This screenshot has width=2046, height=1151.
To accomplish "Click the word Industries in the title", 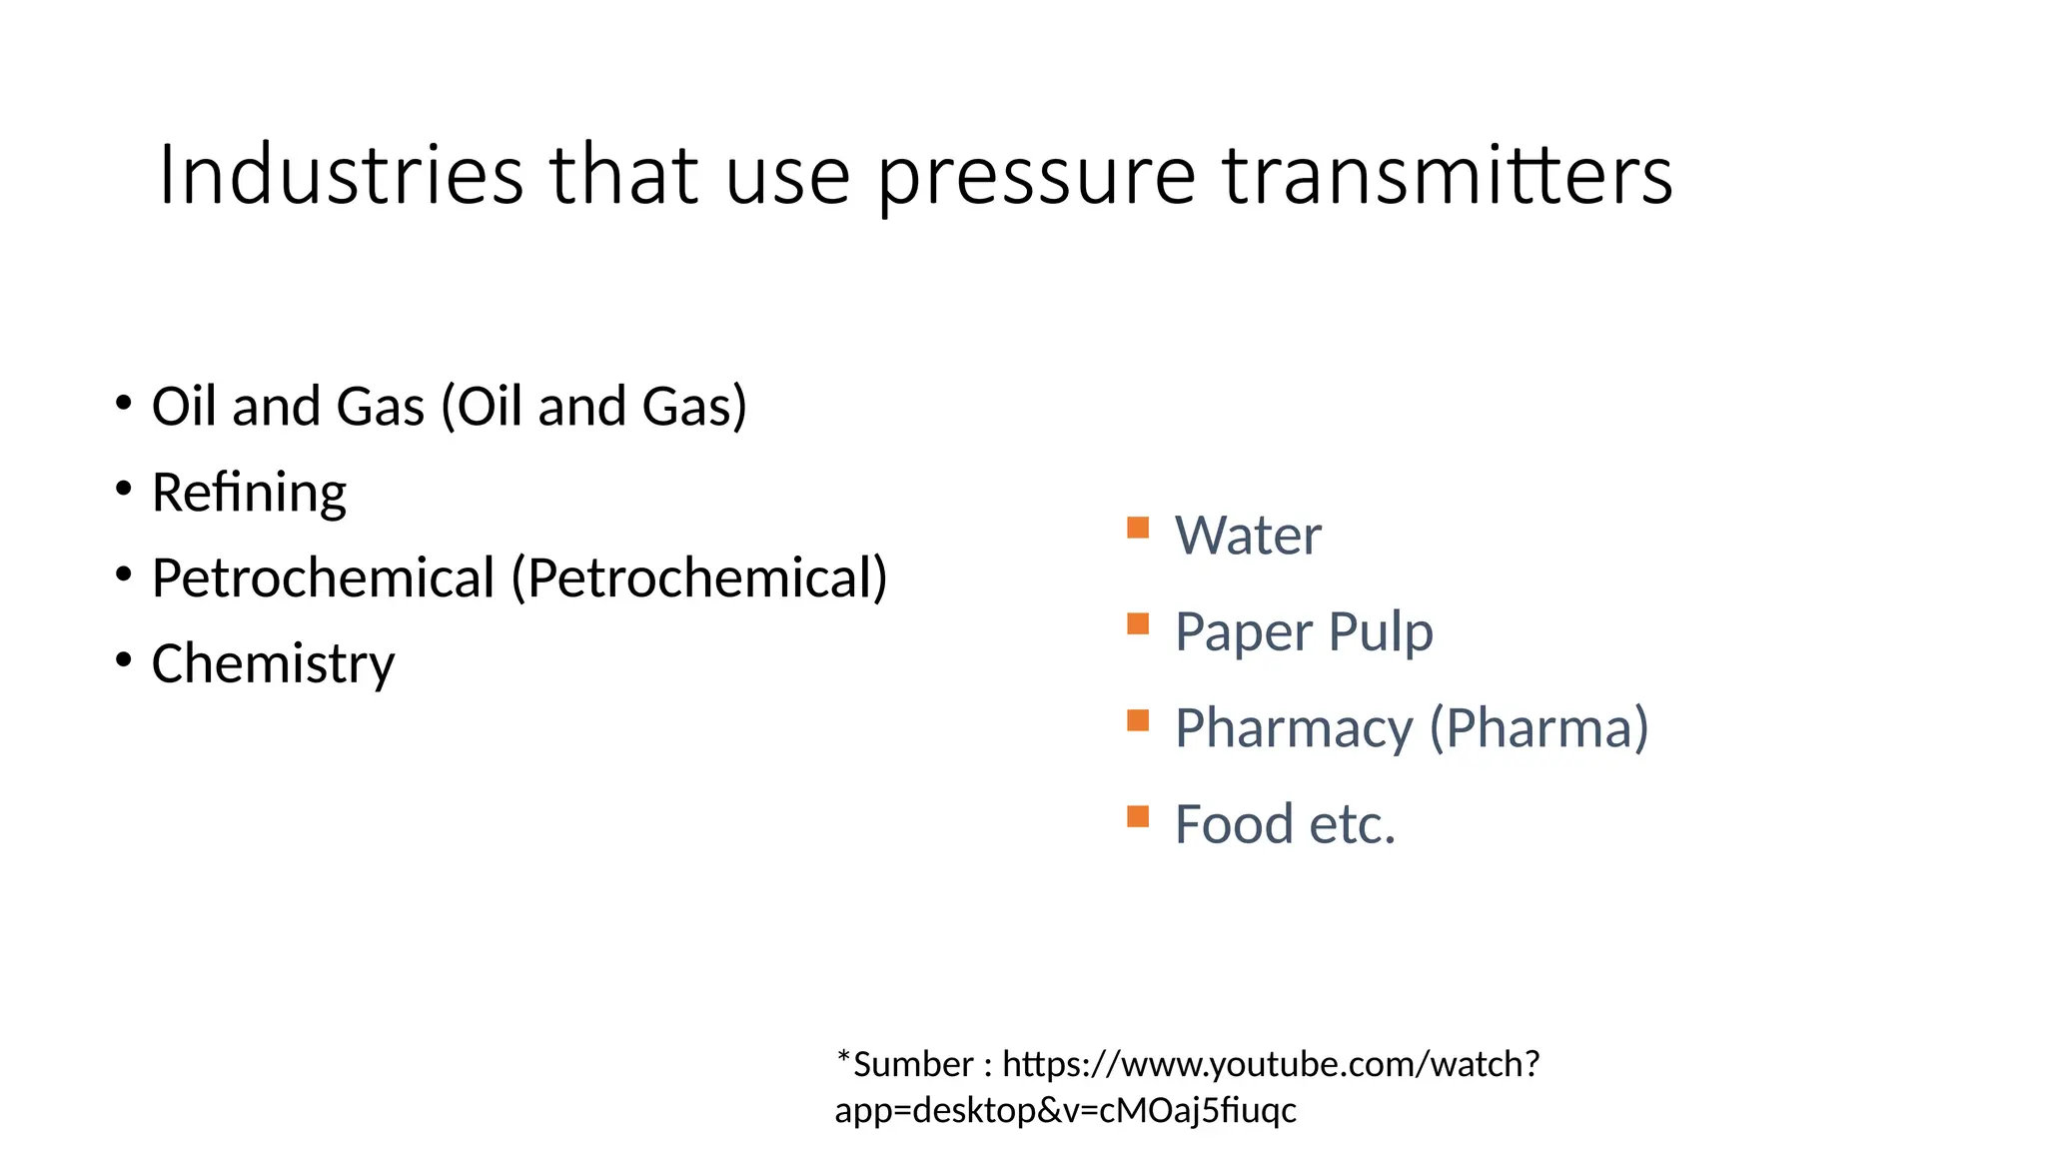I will click(341, 175).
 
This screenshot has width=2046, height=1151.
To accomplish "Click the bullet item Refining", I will click(249, 493).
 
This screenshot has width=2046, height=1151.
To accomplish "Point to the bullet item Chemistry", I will click(273, 664).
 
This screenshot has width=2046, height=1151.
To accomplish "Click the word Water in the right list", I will click(1248, 536).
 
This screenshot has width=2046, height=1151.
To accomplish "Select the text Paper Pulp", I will click(1304, 632).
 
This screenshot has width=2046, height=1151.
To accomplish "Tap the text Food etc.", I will click(1285, 825).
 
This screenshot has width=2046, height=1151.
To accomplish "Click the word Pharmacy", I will click(1294, 728).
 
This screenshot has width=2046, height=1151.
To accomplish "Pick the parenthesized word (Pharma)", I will click(1538, 728).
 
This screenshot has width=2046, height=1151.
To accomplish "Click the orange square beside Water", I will click(1138, 528).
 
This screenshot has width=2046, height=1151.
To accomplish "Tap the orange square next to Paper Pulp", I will click(1138, 624).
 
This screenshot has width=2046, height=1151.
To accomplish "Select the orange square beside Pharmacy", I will click(1138, 720).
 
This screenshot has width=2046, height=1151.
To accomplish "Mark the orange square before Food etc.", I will click(1138, 817).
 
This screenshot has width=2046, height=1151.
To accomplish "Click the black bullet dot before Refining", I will click(123, 490).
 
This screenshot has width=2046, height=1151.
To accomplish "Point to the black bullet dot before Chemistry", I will click(123, 660).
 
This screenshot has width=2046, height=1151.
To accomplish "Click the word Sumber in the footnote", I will click(913, 1065).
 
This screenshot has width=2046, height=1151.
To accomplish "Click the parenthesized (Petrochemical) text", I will click(699, 578).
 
